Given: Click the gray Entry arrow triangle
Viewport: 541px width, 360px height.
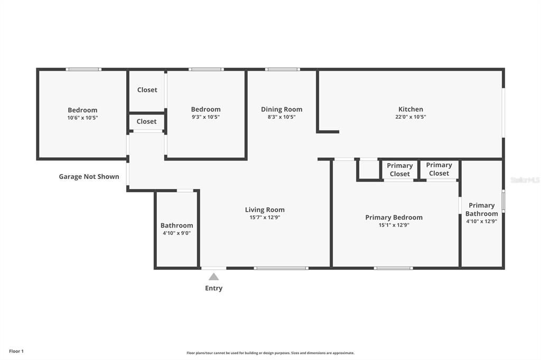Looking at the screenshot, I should tap(213, 277).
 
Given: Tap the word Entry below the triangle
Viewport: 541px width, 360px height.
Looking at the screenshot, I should tap(213, 288).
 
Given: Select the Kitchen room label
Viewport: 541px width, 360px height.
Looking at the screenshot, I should tap(411, 109).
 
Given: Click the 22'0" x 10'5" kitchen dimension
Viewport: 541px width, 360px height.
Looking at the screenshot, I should tap(411, 117).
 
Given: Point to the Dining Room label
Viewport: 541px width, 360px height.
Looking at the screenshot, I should tap(282, 109).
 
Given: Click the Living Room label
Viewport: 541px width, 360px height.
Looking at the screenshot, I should tap(265, 210).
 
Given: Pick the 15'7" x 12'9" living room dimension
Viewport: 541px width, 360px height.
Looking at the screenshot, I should tap(265, 217).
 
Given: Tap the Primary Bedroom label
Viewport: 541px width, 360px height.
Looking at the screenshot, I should tap(394, 217).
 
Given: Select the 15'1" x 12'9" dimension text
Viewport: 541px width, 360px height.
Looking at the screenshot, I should tap(394, 224).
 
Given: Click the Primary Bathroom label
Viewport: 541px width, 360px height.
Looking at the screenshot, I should tap(481, 210).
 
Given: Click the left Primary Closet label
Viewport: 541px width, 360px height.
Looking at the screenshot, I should tap(399, 169).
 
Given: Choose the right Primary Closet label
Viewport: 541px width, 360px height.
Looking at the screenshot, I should tap(439, 169).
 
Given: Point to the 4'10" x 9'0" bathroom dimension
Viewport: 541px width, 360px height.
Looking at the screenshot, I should tap(176, 233).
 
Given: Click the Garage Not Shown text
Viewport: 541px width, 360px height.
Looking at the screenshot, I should tap(89, 176).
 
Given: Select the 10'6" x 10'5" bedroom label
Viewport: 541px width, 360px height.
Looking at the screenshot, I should tap(82, 118).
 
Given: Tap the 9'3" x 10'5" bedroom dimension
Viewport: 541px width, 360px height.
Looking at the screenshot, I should tap(206, 117).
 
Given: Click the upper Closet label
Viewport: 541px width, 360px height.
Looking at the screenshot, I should tap(147, 90).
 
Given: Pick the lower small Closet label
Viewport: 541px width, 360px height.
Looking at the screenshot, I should tap(146, 121).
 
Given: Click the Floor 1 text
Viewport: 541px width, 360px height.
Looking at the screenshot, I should tap(16, 351).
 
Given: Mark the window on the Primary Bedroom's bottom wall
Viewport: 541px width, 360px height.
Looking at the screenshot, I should tap(393, 268).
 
